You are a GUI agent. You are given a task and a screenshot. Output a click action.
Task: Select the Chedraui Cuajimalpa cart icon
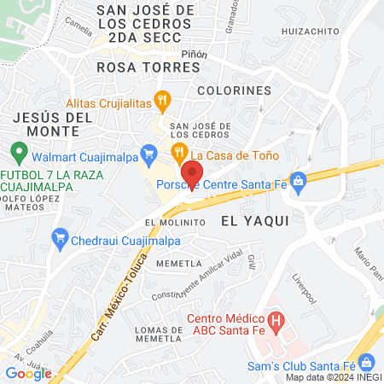tap(60, 236)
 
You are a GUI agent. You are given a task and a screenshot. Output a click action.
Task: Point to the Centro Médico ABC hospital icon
tap(276, 321)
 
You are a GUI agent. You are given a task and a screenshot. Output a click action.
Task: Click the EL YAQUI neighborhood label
tap(255, 220)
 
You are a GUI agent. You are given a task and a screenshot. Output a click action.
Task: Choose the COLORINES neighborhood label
tap(234, 89)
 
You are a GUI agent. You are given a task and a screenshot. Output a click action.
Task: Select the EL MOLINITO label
tap(176, 222)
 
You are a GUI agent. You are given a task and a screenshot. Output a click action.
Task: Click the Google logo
tap(28, 373)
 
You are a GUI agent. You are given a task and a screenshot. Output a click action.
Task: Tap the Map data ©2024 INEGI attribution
tap(333, 377)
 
